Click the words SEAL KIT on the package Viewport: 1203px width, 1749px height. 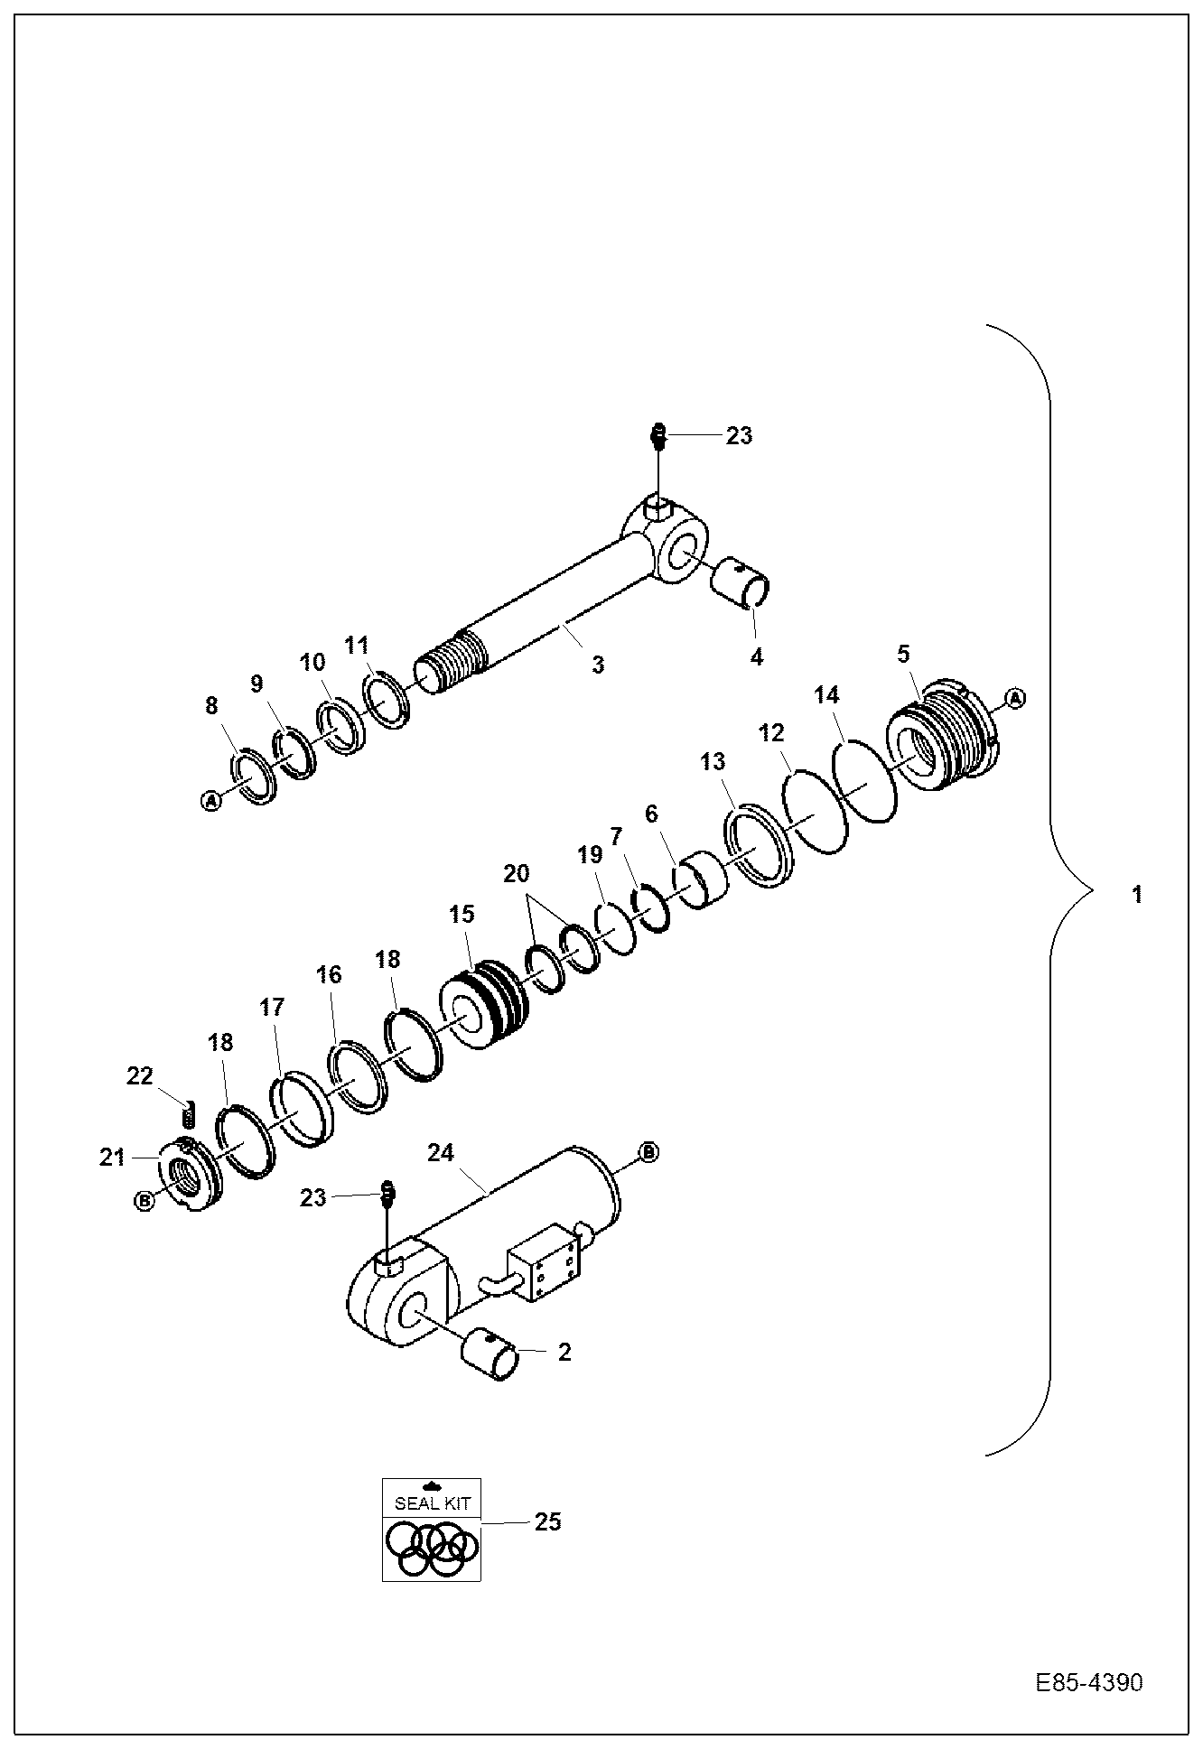(x=432, y=1504)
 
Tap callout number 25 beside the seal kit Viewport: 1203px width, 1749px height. (x=547, y=1521)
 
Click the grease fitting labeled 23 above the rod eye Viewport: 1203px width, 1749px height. (x=658, y=436)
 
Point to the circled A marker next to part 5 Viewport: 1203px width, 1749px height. (x=1015, y=698)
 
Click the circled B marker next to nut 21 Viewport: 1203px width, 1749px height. (x=143, y=1200)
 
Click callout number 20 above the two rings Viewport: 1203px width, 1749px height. (x=517, y=873)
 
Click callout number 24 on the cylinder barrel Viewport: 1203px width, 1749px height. (x=441, y=1153)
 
